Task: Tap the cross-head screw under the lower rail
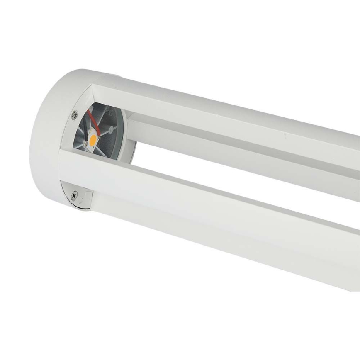pos(74,194)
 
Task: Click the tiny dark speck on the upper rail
pos(285,135)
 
